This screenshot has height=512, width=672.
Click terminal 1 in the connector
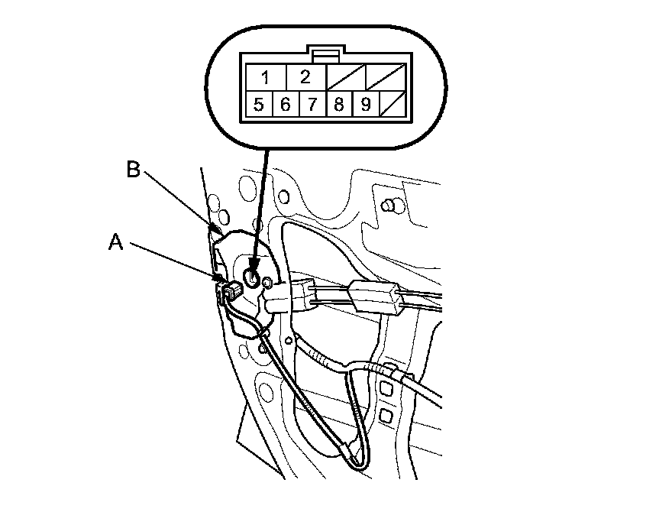tap(265, 77)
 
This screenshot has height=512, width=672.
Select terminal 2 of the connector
tap(305, 77)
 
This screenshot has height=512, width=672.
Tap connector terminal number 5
tap(259, 104)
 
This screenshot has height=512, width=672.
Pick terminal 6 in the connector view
tap(285, 104)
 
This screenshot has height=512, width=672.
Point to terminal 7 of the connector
tap(312, 104)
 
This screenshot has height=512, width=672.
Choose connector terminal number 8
tap(338, 104)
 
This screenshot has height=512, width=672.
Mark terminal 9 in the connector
tap(365, 104)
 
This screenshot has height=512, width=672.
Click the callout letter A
tap(115, 242)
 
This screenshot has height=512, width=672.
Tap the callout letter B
tap(133, 170)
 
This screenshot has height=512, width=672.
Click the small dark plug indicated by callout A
tap(230, 290)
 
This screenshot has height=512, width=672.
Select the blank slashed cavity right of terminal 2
tap(345, 77)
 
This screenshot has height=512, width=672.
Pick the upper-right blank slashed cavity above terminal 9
tap(386, 77)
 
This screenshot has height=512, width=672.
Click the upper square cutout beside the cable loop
tap(385, 390)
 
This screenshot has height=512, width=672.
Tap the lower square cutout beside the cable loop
tap(385, 416)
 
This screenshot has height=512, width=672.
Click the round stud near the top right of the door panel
tap(390, 204)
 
